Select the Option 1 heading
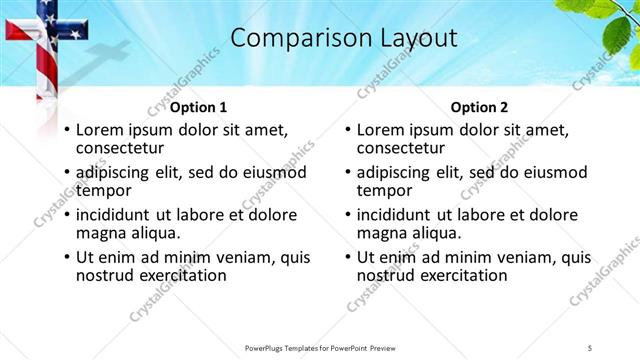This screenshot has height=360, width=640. pos(198,107)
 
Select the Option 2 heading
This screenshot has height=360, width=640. pos(480,107)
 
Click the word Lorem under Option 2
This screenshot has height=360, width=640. pos(382,130)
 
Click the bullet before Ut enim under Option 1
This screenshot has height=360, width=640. pos(66,257)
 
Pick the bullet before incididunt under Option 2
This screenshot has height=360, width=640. pos(346,214)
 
